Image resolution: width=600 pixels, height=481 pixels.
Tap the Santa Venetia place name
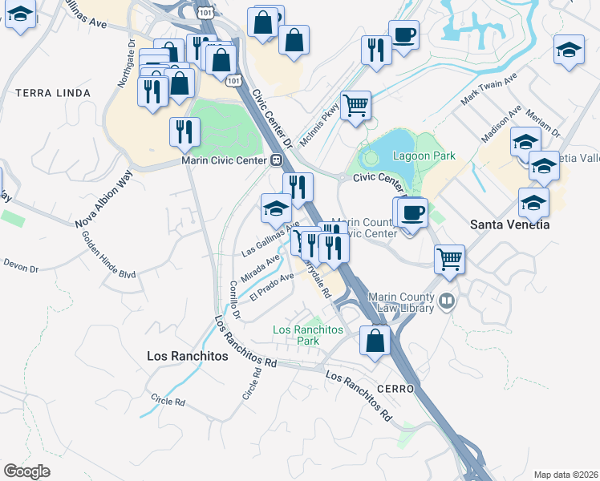509,224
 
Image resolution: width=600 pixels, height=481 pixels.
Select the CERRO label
393,388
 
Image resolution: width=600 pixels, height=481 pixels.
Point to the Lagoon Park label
424,156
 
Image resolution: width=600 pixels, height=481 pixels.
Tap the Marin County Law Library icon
448,303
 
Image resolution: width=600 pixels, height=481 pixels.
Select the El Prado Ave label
272,287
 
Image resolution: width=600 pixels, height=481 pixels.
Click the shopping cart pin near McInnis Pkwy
355,105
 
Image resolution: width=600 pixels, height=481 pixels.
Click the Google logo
26,471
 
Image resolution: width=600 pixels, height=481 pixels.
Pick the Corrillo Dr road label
232,298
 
